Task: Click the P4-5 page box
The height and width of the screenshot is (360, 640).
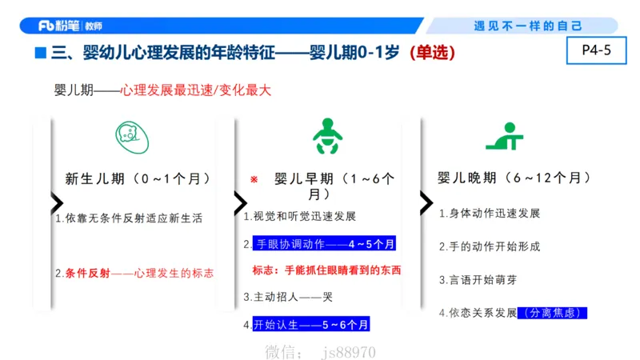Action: (x=595, y=51)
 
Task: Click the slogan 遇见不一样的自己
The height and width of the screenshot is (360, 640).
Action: (x=528, y=26)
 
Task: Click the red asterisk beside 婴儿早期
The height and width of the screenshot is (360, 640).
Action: (x=254, y=180)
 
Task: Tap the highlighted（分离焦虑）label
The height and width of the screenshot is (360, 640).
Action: (x=553, y=313)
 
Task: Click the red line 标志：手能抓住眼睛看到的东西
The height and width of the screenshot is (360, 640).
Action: (x=326, y=270)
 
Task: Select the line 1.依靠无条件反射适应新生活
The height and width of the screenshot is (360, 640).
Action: (x=129, y=218)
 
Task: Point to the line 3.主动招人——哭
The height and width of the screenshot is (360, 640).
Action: (x=287, y=297)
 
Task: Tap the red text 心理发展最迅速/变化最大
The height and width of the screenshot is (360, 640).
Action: (x=196, y=90)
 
